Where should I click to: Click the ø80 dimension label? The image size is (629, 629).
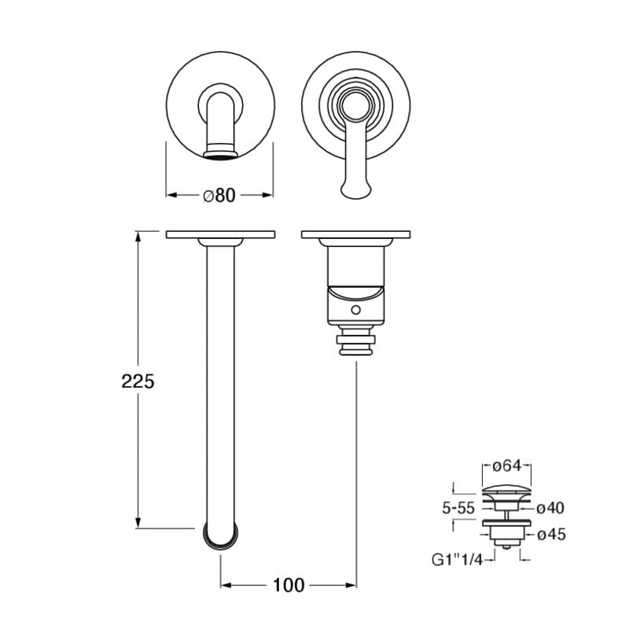pos(219,195)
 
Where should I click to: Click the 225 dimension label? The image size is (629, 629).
pos(138,381)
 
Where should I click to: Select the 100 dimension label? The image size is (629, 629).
pos(289,585)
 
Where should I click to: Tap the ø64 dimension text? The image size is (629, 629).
pos(506,465)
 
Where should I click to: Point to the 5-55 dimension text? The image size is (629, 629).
pos(458,508)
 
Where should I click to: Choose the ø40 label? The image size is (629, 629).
pos(550,508)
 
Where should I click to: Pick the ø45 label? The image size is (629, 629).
pos(551,535)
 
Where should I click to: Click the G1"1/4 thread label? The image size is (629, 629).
pos(458,560)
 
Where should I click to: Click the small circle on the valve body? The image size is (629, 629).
pos(355,310)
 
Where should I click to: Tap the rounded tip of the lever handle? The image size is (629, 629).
pos(355,191)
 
